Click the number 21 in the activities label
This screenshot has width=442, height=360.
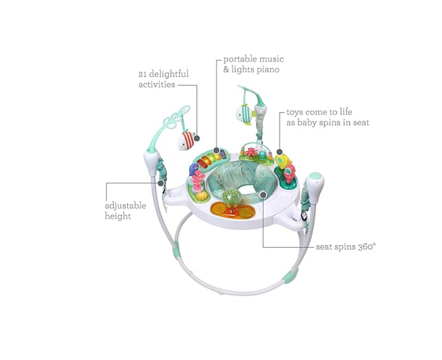[x=144, y=74]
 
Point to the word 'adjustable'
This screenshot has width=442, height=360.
[x=125, y=206]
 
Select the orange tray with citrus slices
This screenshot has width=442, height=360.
[x=232, y=210]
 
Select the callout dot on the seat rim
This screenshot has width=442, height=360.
[x=263, y=194]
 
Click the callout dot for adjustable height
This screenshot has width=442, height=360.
[x=161, y=183]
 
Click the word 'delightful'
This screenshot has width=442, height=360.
[x=170, y=74]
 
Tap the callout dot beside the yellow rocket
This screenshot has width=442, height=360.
[x=279, y=152]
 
